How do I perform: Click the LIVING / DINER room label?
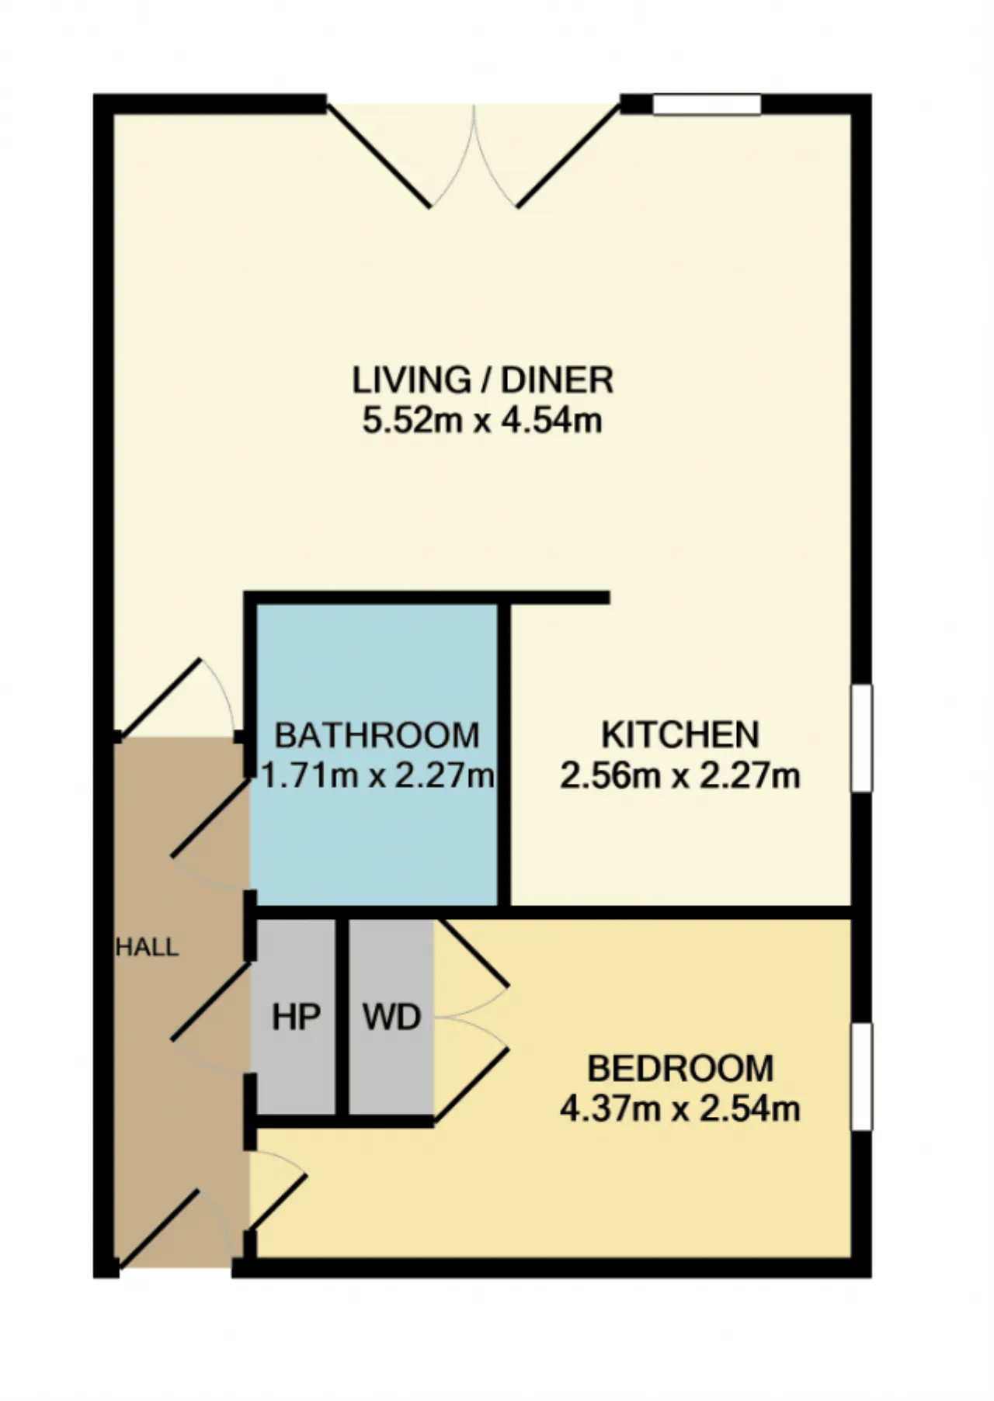click(483, 380)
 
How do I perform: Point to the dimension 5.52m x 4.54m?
click(482, 421)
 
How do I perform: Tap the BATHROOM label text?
click(377, 735)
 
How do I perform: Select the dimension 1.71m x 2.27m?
click(378, 775)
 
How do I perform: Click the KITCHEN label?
click(680, 735)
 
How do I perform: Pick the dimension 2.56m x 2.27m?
click(680, 775)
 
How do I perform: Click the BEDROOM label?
click(680, 1069)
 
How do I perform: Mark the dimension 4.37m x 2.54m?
click(680, 1109)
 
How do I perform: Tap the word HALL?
click(148, 947)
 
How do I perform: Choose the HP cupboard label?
click(296, 1017)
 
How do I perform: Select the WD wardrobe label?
click(392, 1017)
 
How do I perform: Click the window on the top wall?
click(707, 104)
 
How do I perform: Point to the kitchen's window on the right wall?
click(861, 738)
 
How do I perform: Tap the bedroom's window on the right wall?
click(861, 1076)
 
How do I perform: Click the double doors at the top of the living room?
click(474, 155)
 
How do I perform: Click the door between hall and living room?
click(177, 697)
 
